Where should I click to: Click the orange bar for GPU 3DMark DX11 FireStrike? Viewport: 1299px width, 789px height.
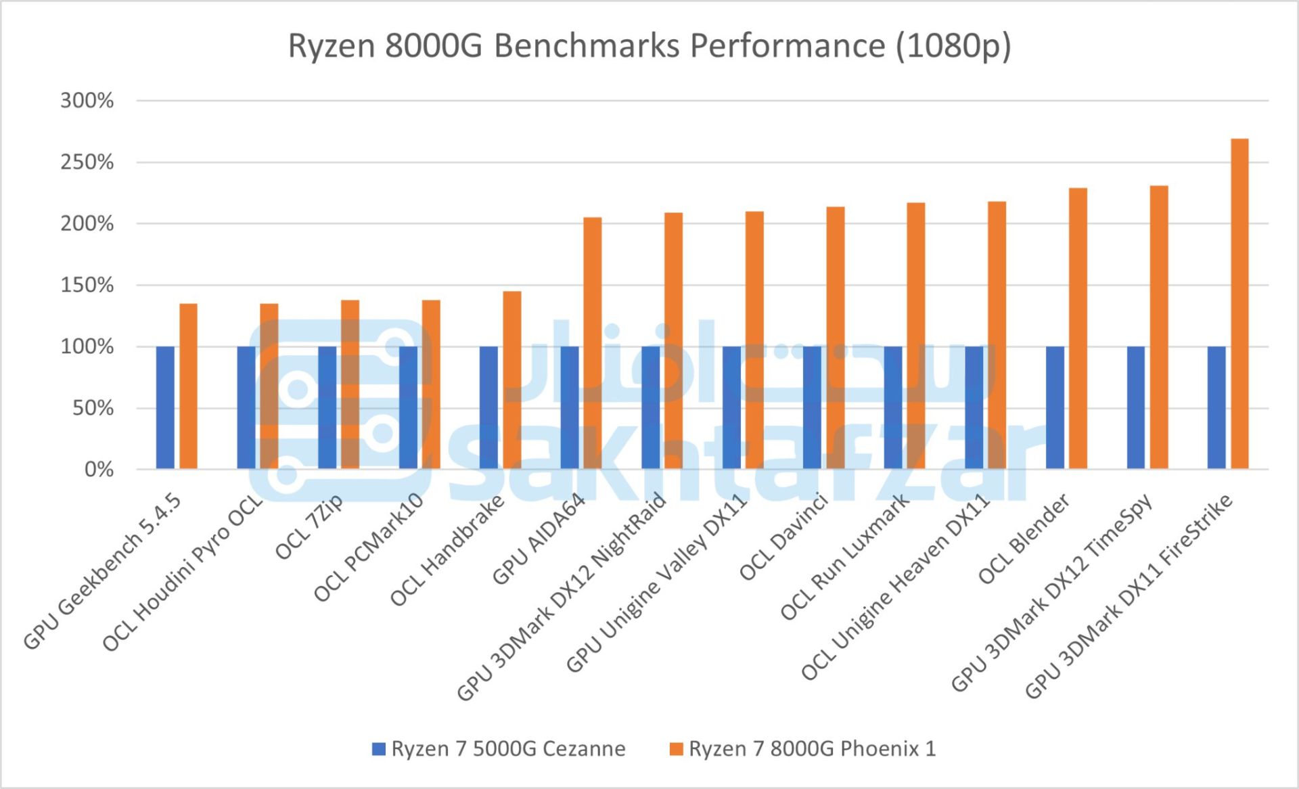click(1239, 304)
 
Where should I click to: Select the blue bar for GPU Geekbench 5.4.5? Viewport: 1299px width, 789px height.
click(165, 407)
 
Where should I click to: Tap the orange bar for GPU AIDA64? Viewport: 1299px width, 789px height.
click(593, 343)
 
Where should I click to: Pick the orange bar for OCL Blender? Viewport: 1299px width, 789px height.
click(1078, 328)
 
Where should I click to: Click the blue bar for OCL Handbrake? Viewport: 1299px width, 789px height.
click(488, 407)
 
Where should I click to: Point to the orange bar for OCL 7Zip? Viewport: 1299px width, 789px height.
click(350, 384)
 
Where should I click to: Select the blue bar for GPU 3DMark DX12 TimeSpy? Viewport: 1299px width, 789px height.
click(1136, 407)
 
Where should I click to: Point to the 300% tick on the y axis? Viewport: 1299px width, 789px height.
click(87, 101)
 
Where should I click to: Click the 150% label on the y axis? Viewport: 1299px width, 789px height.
click(87, 285)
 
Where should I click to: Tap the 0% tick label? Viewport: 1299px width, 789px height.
click(99, 469)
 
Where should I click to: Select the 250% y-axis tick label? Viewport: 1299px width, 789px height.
click(87, 162)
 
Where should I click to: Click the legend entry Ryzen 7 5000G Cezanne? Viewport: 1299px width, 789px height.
click(507, 748)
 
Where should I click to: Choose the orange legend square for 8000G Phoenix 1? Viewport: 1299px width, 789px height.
click(676, 749)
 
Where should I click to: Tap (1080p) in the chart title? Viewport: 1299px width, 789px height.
click(953, 46)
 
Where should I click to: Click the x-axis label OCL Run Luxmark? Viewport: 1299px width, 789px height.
click(846, 558)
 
